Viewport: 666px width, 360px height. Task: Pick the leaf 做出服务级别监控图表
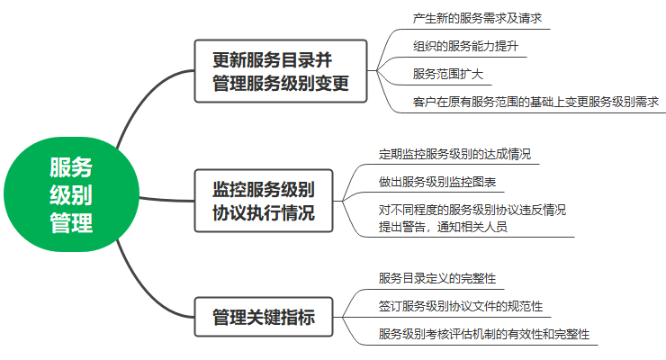[x=436, y=182]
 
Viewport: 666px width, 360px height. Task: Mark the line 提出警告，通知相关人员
[x=442, y=227]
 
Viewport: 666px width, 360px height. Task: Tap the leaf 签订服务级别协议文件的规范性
[x=460, y=306]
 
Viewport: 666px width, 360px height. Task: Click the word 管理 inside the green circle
[x=71, y=222]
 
